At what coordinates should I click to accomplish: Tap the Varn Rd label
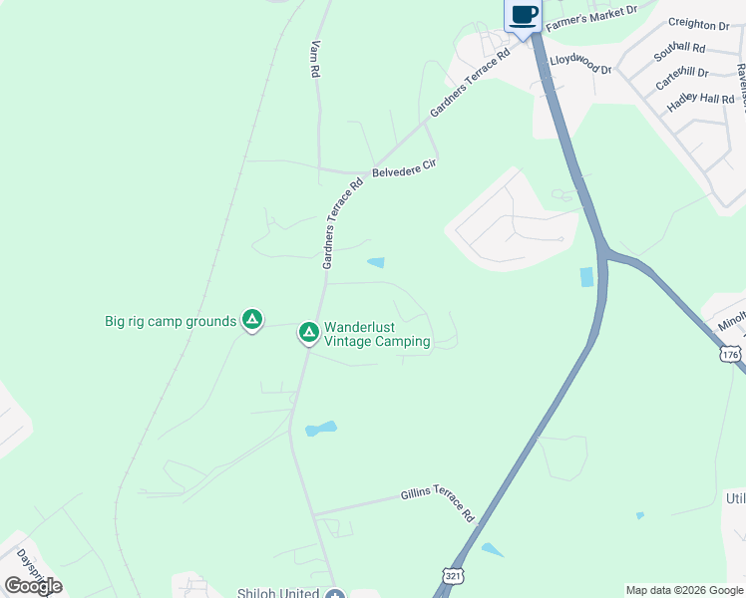coord(315,59)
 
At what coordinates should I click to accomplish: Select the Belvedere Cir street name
coord(405,166)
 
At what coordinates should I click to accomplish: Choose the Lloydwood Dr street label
coord(580,65)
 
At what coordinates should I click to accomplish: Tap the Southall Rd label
coord(679,48)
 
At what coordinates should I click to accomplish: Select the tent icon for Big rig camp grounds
coord(252,319)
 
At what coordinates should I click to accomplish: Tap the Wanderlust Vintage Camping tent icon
coord(309,331)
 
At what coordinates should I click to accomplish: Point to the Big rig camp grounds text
coord(171,321)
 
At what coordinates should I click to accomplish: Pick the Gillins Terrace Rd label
coord(438,504)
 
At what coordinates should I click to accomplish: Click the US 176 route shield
coord(730,354)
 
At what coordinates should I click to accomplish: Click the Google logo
coord(33,586)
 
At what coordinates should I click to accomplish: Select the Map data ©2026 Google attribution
coord(683,590)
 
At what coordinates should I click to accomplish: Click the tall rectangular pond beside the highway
coord(586,277)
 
